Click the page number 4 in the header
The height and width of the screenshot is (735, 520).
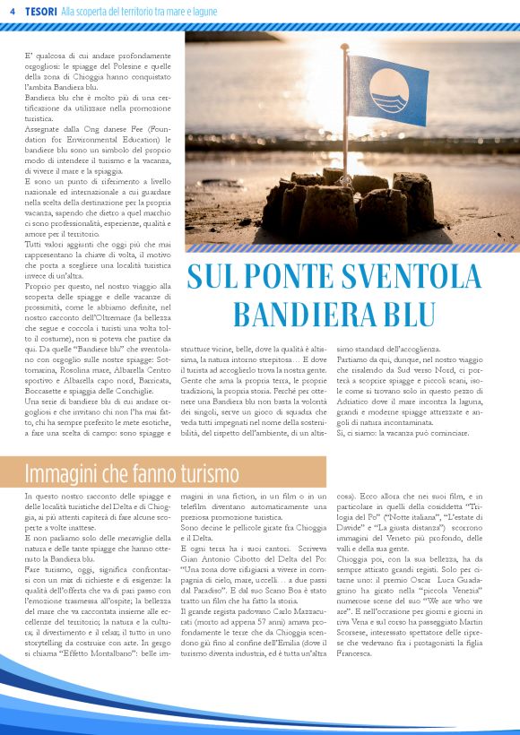tap(13, 10)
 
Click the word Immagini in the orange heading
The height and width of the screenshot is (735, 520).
tap(60, 472)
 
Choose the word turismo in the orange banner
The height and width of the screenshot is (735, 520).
tap(206, 472)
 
